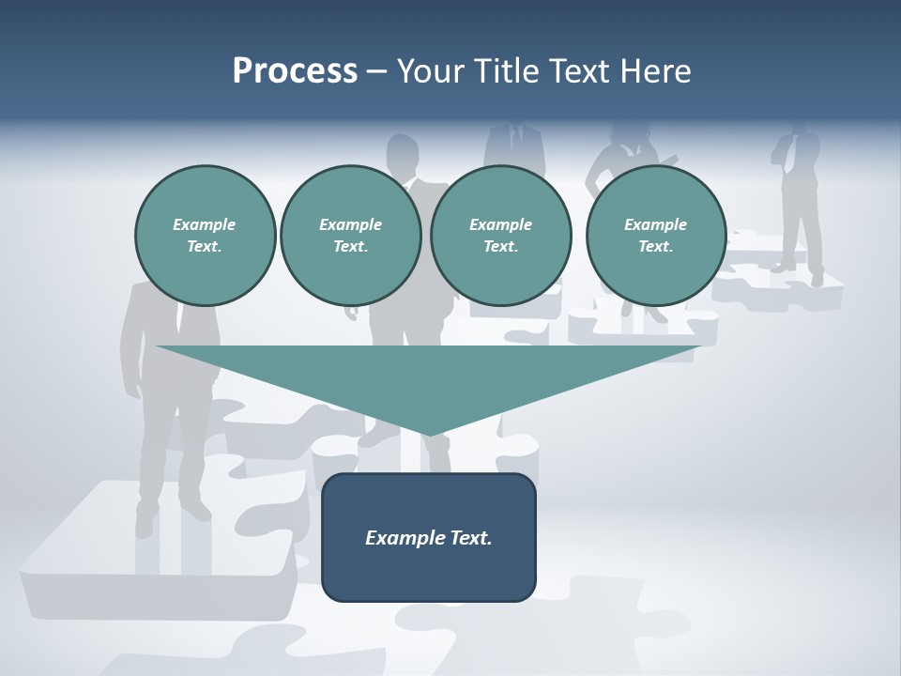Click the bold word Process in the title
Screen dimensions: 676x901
pyautogui.click(x=295, y=71)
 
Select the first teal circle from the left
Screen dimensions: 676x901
pyautogui.click(x=205, y=236)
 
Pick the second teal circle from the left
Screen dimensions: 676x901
pyautogui.click(x=351, y=236)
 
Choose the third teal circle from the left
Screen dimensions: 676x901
pyautogui.click(x=501, y=236)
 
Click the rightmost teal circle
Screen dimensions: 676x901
pyautogui.click(x=656, y=236)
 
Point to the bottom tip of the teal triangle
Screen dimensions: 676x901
pyautogui.click(x=429, y=434)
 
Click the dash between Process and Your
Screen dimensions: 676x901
pyautogui.click(x=377, y=72)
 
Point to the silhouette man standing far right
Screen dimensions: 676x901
pyautogui.click(x=798, y=197)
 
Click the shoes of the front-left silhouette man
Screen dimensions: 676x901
pyautogui.click(x=169, y=515)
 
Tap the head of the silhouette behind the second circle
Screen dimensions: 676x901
pyautogui.click(x=403, y=150)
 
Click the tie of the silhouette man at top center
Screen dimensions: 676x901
pyautogui.click(x=515, y=139)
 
